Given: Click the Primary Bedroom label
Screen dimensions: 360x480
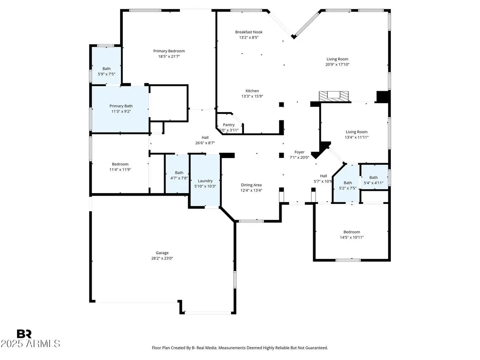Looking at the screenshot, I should coord(169,51).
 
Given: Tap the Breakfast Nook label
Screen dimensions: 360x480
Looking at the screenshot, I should coord(249,32).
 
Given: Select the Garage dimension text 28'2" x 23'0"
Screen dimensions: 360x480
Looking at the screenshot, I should coord(162,258).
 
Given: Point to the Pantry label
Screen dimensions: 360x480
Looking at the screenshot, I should coord(229,125).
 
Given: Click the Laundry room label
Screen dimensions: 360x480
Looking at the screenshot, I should coord(204,180).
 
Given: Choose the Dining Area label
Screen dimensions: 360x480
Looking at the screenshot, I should coord(251,185).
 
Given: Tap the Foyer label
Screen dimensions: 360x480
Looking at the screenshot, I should coord(299,152).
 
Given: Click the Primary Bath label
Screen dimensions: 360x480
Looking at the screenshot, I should coord(120,106).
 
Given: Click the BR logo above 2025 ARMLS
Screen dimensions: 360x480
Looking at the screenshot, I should coord(24,334).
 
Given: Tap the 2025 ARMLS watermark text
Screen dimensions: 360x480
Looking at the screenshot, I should coord(30,344).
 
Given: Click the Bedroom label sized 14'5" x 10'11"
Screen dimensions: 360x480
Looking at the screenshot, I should coord(352,232).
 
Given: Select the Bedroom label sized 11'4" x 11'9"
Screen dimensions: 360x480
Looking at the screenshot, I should coord(120,164).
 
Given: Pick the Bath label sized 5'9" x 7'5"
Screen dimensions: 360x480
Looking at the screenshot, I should coord(106,69).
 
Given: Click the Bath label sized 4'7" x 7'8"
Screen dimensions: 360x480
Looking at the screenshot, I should coord(179,173).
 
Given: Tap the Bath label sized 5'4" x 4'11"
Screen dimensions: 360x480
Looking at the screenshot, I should coord(373,178).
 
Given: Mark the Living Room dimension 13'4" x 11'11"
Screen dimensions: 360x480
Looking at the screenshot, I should coord(357,137).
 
